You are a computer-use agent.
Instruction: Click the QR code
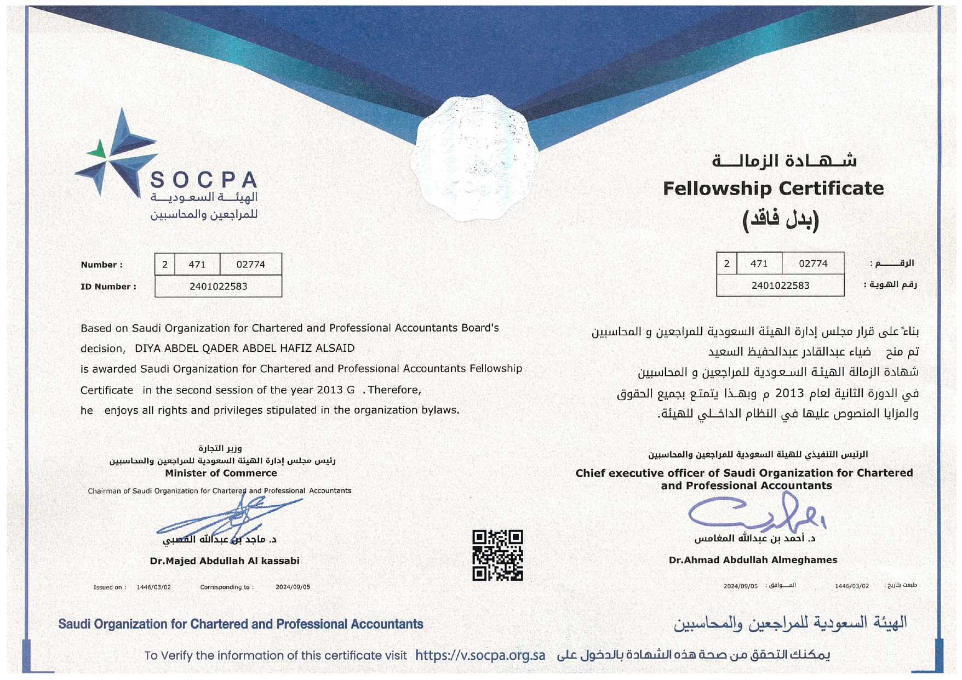pyautogui.click(x=497, y=555)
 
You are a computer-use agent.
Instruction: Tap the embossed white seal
pyautogui.click(x=474, y=158)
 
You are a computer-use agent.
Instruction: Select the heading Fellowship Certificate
pyautogui.click(x=773, y=188)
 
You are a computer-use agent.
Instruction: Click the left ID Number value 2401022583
pyautogui.click(x=218, y=287)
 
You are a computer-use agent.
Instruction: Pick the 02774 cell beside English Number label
pyautogui.click(x=250, y=265)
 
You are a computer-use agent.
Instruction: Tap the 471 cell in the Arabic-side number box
pyautogui.click(x=759, y=264)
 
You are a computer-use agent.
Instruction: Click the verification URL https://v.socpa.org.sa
pyautogui.click(x=480, y=655)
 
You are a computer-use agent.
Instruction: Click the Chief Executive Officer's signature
pyautogui.click(x=756, y=512)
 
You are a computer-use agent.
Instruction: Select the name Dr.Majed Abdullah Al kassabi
pyautogui.click(x=225, y=561)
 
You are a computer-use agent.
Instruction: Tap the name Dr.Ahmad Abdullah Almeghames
pyautogui.click(x=753, y=560)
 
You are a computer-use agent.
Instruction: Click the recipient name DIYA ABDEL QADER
pyautogui.click(x=244, y=348)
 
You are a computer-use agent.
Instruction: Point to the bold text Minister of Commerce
pyautogui.click(x=221, y=473)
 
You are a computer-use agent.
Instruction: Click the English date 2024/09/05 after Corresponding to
pyautogui.click(x=293, y=587)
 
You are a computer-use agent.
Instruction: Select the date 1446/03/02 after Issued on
pyautogui.click(x=153, y=587)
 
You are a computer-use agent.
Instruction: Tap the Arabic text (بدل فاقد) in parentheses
pyautogui.click(x=780, y=219)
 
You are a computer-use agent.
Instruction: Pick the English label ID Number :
pyautogui.click(x=108, y=287)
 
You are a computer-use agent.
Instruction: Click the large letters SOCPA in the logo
pyautogui.click(x=204, y=180)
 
